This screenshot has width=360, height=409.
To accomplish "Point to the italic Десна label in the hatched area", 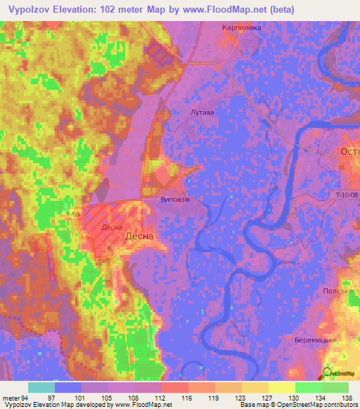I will pyautogui.click(x=112, y=227).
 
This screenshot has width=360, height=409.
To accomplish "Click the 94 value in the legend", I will pyautogui.click(x=24, y=397).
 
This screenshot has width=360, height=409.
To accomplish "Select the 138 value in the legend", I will pyautogui.click(x=347, y=397).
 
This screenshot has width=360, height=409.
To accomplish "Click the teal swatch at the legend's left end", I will pyautogui.click(x=41, y=387).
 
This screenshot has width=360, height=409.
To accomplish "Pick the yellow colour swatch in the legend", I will pyautogui.click(x=281, y=387).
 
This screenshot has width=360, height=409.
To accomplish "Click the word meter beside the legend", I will pyautogui.click(x=11, y=397).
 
